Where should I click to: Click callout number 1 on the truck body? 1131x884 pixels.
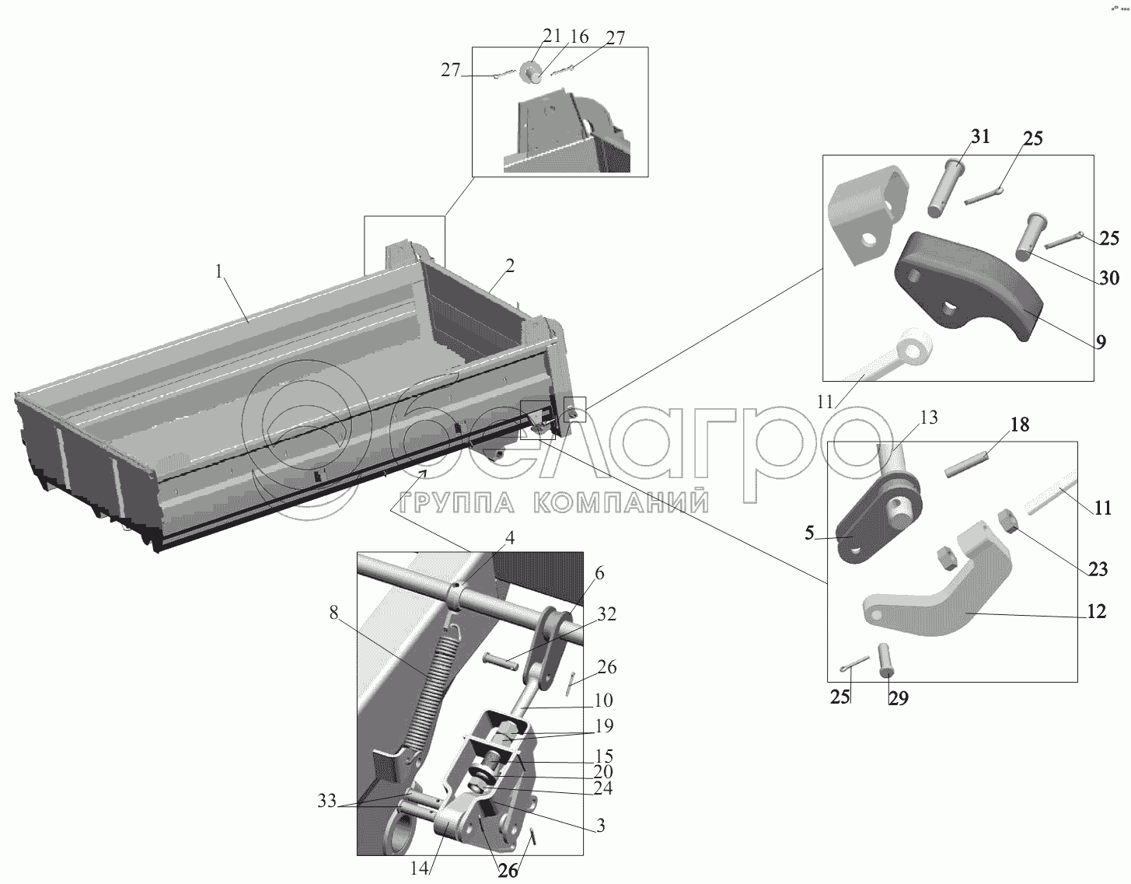coord(219,271)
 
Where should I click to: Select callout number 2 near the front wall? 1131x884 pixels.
coord(510,266)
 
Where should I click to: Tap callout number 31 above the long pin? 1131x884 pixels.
coord(980,136)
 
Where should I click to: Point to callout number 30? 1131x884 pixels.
coord(1109,278)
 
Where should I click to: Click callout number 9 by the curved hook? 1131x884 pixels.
coord(1100,341)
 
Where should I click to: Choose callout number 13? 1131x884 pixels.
coord(928,417)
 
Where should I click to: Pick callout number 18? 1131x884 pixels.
coord(1020,425)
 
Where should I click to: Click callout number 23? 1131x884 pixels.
coord(1098,569)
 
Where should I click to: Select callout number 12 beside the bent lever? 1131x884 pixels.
coord(1096,611)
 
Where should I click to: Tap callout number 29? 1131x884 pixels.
coord(899,697)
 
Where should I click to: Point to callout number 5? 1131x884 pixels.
coord(809,533)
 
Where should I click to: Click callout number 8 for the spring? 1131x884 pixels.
coord(333,613)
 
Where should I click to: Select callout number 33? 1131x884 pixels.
coord(326,801)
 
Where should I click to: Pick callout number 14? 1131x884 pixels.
coord(419,868)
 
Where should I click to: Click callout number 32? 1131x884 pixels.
coord(606,614)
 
